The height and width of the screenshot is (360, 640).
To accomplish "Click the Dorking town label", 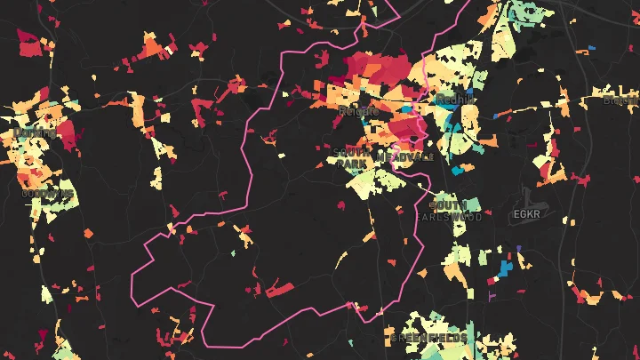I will coord(35,133).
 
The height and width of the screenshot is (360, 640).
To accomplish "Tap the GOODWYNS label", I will coord(47,193).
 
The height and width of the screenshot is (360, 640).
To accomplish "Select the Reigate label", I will coord(358,111).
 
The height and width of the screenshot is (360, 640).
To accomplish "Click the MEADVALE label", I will coord(406,156).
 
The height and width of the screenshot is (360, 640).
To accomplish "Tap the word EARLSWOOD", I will coord(449,217).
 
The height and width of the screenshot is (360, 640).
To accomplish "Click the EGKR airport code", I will coord(526,215).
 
